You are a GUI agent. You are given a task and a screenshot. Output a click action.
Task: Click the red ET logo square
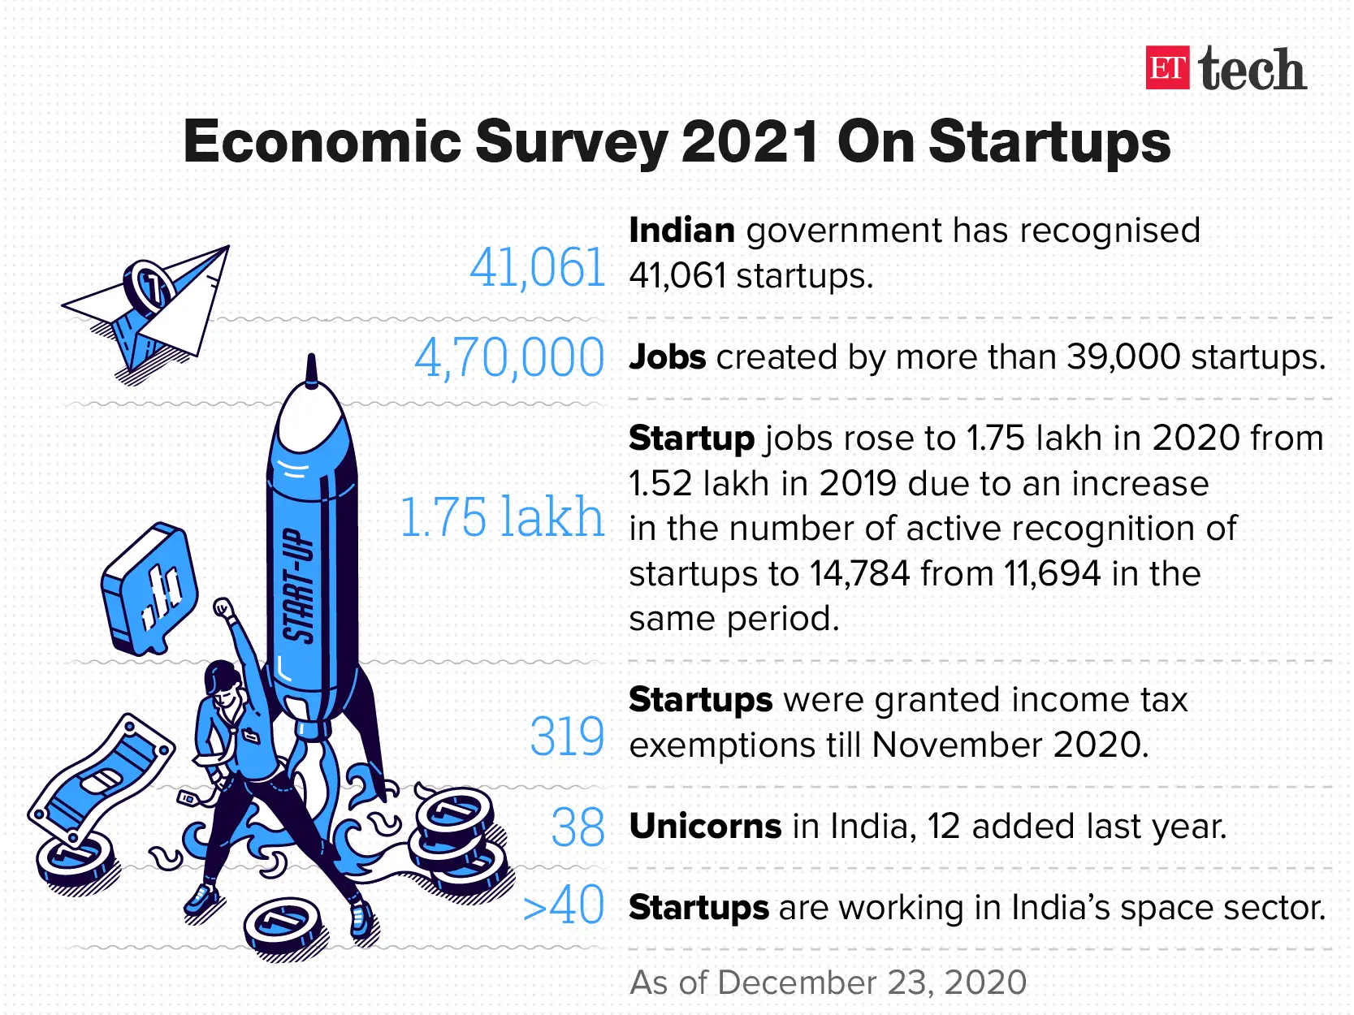click(1167, 68)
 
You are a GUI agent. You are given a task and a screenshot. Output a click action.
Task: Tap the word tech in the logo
click(1252, 70)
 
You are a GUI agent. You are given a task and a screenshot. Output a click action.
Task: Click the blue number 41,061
click(538, 267)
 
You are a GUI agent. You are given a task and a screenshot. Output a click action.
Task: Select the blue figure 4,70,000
click(509, 357)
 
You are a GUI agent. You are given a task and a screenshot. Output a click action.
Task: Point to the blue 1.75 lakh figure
click(503, 516)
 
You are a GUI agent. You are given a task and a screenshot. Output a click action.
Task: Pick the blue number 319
click(567, 737)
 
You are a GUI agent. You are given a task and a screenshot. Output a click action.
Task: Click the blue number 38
click(578, 827)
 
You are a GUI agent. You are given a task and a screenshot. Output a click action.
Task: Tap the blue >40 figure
click(564, 905)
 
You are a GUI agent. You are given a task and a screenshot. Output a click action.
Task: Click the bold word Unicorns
click(704, 827)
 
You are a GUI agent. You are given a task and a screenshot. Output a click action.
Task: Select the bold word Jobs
click(667, 357)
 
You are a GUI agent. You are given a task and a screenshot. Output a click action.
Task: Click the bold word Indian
click(681, 231)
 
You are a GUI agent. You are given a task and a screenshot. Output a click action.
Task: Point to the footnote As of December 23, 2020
click(828, 983)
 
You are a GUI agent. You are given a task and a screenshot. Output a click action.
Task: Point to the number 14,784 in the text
click(859, 574)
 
